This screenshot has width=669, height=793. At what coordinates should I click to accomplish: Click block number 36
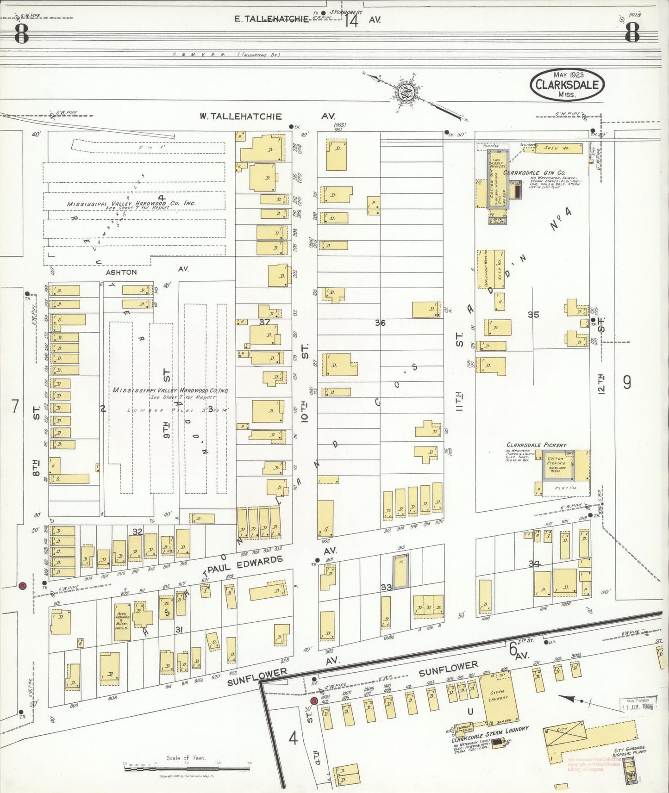(x=380, y=323)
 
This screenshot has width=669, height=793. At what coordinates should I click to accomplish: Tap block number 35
(x=533, y=315)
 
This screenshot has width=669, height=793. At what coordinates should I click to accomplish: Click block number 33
(x=386, y=587)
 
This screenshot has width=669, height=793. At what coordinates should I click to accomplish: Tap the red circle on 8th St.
(x=21, y=586)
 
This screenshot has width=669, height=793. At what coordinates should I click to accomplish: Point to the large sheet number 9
(x=627, y=382)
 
